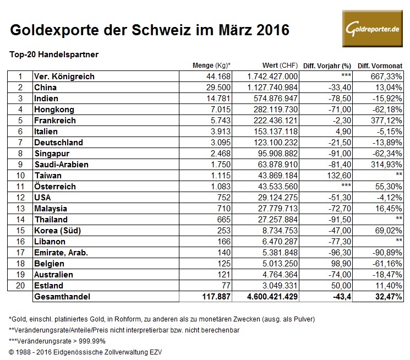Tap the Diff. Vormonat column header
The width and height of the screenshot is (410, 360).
coord(380,66)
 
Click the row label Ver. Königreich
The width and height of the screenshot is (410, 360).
coord(64,77)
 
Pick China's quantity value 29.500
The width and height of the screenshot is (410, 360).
coord(218,88)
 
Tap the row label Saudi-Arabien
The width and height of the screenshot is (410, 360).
coord(61,165)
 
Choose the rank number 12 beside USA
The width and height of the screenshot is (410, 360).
coord(20,198)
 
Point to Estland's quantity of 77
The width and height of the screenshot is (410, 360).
coord(226,286)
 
